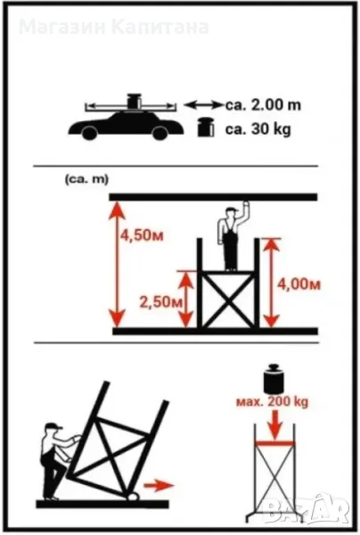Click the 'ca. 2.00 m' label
coord(263,105)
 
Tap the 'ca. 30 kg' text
coord(258,129)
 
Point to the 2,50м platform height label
coord(161,301)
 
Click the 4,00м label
coord(299,284)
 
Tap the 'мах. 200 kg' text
coord(272,401)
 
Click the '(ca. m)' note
coord(86,179)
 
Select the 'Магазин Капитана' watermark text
coord(113,28)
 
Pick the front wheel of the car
coord(160,132)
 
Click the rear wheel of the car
coord(90,132)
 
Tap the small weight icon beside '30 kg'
coord(206,128)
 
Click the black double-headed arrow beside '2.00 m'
coord(203,104)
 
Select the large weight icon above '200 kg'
coord(273,379)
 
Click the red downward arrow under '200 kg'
coord(274,424)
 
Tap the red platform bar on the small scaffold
coord(274,443)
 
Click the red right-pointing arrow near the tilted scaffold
coord(159,485)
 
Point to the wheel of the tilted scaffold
coord(134,496)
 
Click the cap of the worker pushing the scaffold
coord(53,426)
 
